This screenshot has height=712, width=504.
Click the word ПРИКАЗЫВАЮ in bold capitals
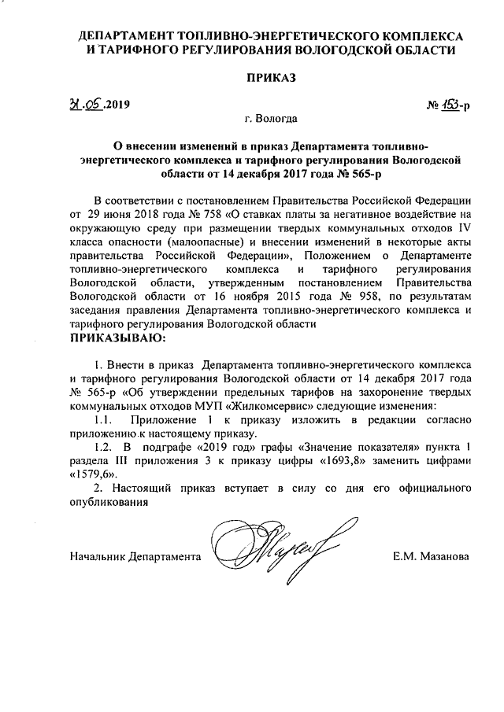tap(118, 338)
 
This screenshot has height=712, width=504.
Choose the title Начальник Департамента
tap(132, 556)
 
